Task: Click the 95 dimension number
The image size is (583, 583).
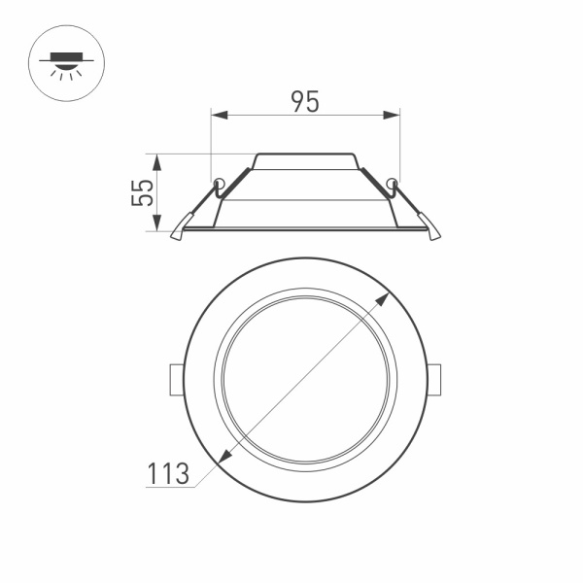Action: [305, 101]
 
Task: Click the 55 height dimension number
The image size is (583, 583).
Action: [143, 192]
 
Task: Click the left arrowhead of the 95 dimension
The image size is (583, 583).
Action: [217, 116]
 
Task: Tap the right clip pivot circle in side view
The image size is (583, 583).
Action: [392, 183]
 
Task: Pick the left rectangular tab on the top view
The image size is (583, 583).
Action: [176, 379]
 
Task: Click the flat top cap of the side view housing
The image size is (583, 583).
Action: [305, 155]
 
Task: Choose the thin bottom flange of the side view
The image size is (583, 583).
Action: [305, 229]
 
